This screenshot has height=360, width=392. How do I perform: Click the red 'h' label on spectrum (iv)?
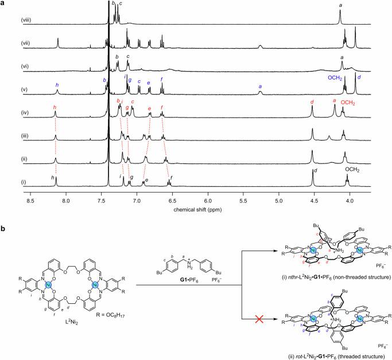pyautogui.click(x=55, y=107)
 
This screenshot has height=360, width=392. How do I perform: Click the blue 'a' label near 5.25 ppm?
pyautogui.click(x=261, y=87)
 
